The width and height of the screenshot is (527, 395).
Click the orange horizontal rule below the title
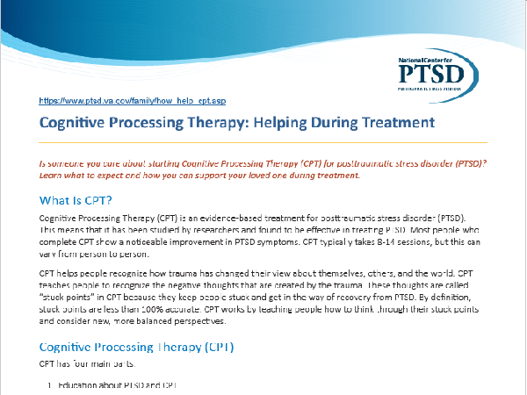tap(263, 141)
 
